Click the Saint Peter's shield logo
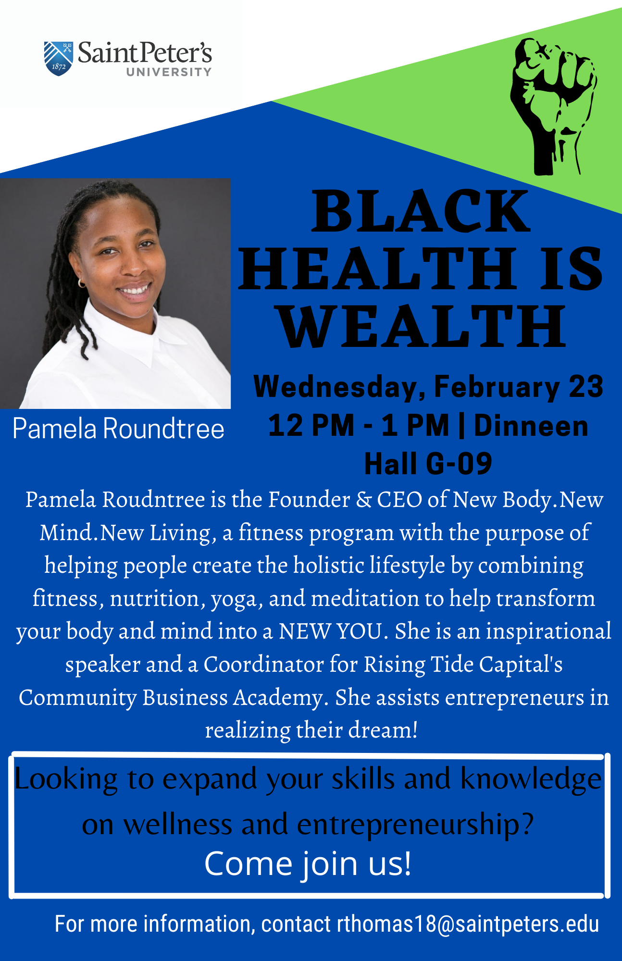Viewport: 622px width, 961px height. [58, 58]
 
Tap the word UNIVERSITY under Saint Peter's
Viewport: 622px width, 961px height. [169, 72]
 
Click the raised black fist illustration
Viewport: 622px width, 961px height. [554, 106]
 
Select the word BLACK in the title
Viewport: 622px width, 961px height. [421, 211]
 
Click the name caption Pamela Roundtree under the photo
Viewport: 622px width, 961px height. [118, 428]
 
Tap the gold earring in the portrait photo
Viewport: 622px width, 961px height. [81, 283]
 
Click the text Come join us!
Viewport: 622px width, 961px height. [308, 863]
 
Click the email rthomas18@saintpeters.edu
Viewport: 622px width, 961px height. [468, 924]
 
